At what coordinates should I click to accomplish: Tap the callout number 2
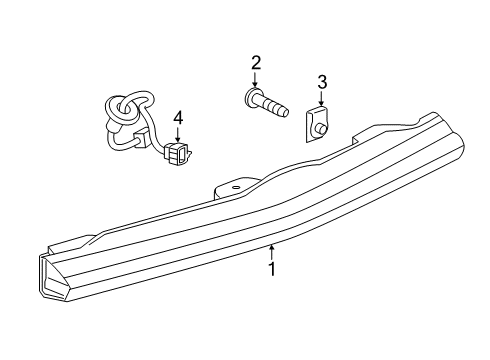(x=256, y=64)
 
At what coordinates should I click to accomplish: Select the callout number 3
(x=322, y=82)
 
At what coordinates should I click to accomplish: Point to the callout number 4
(x=178, y=119)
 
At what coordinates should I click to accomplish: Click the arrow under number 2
(x=256, y=84)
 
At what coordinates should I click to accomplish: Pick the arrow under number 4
(x=178, y=139)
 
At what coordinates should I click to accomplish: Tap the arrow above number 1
(x=272, y=249)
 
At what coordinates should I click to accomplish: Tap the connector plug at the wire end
(x=181, y=154)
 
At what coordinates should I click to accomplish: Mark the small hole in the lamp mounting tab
(x=235, y=186)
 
